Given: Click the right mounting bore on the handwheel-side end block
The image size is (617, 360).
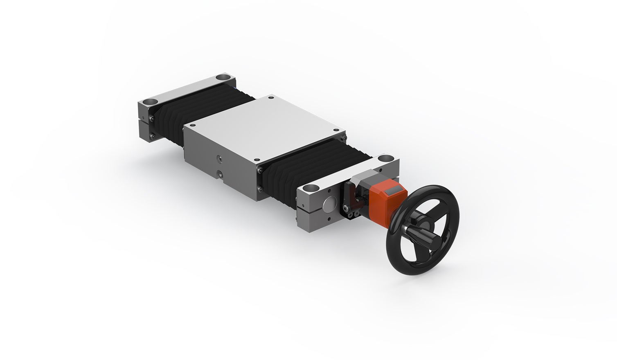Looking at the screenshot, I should click(385, 157).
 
